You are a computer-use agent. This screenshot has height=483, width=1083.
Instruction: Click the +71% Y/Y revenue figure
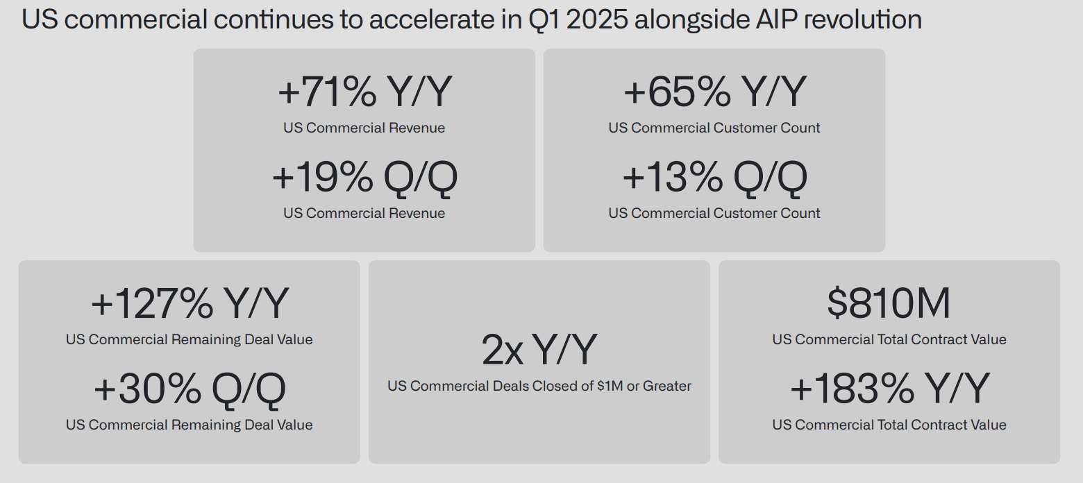[x=365, y=92]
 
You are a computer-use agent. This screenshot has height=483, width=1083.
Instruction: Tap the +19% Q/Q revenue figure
[x=365, y=178]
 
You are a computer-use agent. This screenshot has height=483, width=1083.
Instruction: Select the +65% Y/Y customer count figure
[x=714, y=92]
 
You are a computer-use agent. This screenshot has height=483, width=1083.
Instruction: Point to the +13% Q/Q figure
[x=714, y=178]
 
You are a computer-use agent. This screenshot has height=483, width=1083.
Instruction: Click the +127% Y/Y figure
[x=190, y=303]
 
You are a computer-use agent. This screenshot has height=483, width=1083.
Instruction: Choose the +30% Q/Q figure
[x=190, y=389]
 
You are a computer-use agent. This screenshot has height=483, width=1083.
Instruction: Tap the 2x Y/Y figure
[x=539, y=349]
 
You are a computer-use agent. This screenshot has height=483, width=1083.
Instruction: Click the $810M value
[x=889, y=303]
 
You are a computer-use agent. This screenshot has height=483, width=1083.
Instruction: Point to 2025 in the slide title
[x=596, y=20]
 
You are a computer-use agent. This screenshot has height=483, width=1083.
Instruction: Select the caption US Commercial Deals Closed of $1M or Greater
[x=539, y=386]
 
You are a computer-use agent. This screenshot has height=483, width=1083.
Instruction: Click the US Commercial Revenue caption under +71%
[x=364, y=128]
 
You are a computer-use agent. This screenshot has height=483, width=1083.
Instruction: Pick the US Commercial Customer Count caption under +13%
[x=714, y=213]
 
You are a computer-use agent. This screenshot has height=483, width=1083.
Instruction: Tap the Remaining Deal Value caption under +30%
[x=189, y=425]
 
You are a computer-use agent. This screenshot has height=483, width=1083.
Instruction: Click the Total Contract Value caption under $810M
[x=889, y=339]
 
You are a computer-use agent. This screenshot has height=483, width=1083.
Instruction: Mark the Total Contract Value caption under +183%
[x=889, y=425]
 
